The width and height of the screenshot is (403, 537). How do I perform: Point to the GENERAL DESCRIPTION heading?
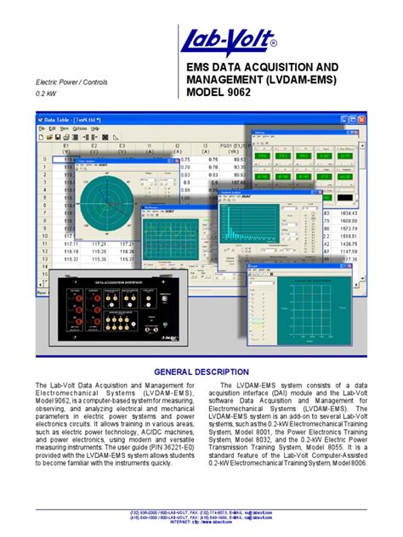click(201, 372)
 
